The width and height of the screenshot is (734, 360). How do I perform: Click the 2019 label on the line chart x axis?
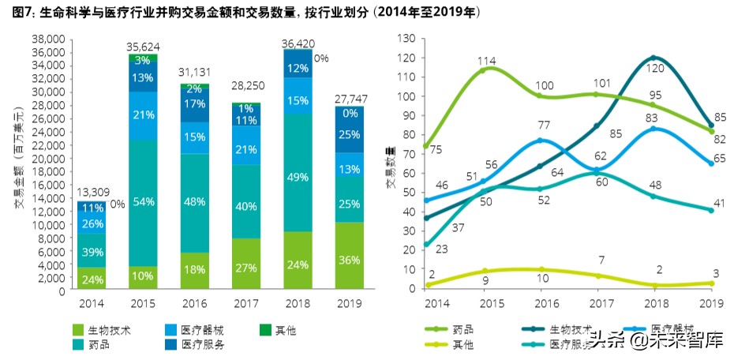pyautogui.click(x=712, y=302)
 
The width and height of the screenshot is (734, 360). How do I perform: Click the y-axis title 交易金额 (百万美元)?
pyautogui.click(x=19, y=163)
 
